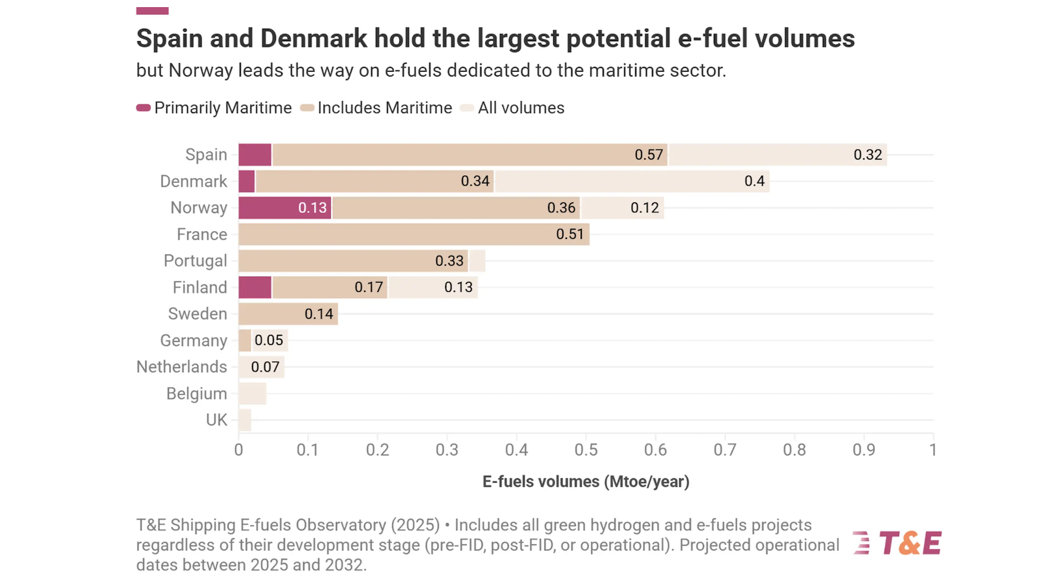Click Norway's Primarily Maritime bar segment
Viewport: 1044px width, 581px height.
[x=284, y=208]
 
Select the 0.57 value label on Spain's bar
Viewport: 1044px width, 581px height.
[x=649, y=155]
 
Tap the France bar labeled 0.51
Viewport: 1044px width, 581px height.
[x=414, y=234]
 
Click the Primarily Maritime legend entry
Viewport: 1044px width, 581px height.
[x=214, y=108]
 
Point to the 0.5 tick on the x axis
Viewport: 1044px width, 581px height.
[x=586, y=450]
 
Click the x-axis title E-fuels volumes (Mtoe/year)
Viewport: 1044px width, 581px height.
[x=585, y=482]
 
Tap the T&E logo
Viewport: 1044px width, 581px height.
[x=898, y=542]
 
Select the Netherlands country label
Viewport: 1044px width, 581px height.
[x=181, y=367]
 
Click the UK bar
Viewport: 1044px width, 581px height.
[x=245, y=420]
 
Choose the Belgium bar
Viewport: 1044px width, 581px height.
[x=252, y=394]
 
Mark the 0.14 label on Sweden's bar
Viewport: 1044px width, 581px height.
[x=318, y=314]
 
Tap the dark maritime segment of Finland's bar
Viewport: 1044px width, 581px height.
[x=254, y=287]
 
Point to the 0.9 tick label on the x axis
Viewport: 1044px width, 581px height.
[x=864, y=450]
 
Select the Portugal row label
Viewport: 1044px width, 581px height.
[x=195, y=260]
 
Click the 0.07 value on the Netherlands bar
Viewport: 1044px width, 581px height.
[x=265, y=367]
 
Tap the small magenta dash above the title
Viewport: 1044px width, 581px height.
[x=152, y=10]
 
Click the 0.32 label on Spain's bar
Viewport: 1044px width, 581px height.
[x=867, y=155]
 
